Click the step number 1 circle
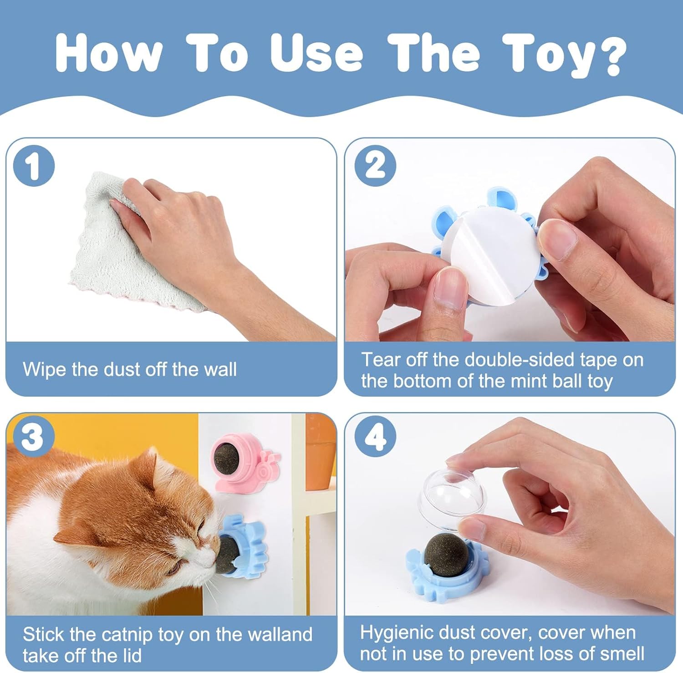(33, 165)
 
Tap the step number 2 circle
(375, 165)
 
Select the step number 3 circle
(33, 438)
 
